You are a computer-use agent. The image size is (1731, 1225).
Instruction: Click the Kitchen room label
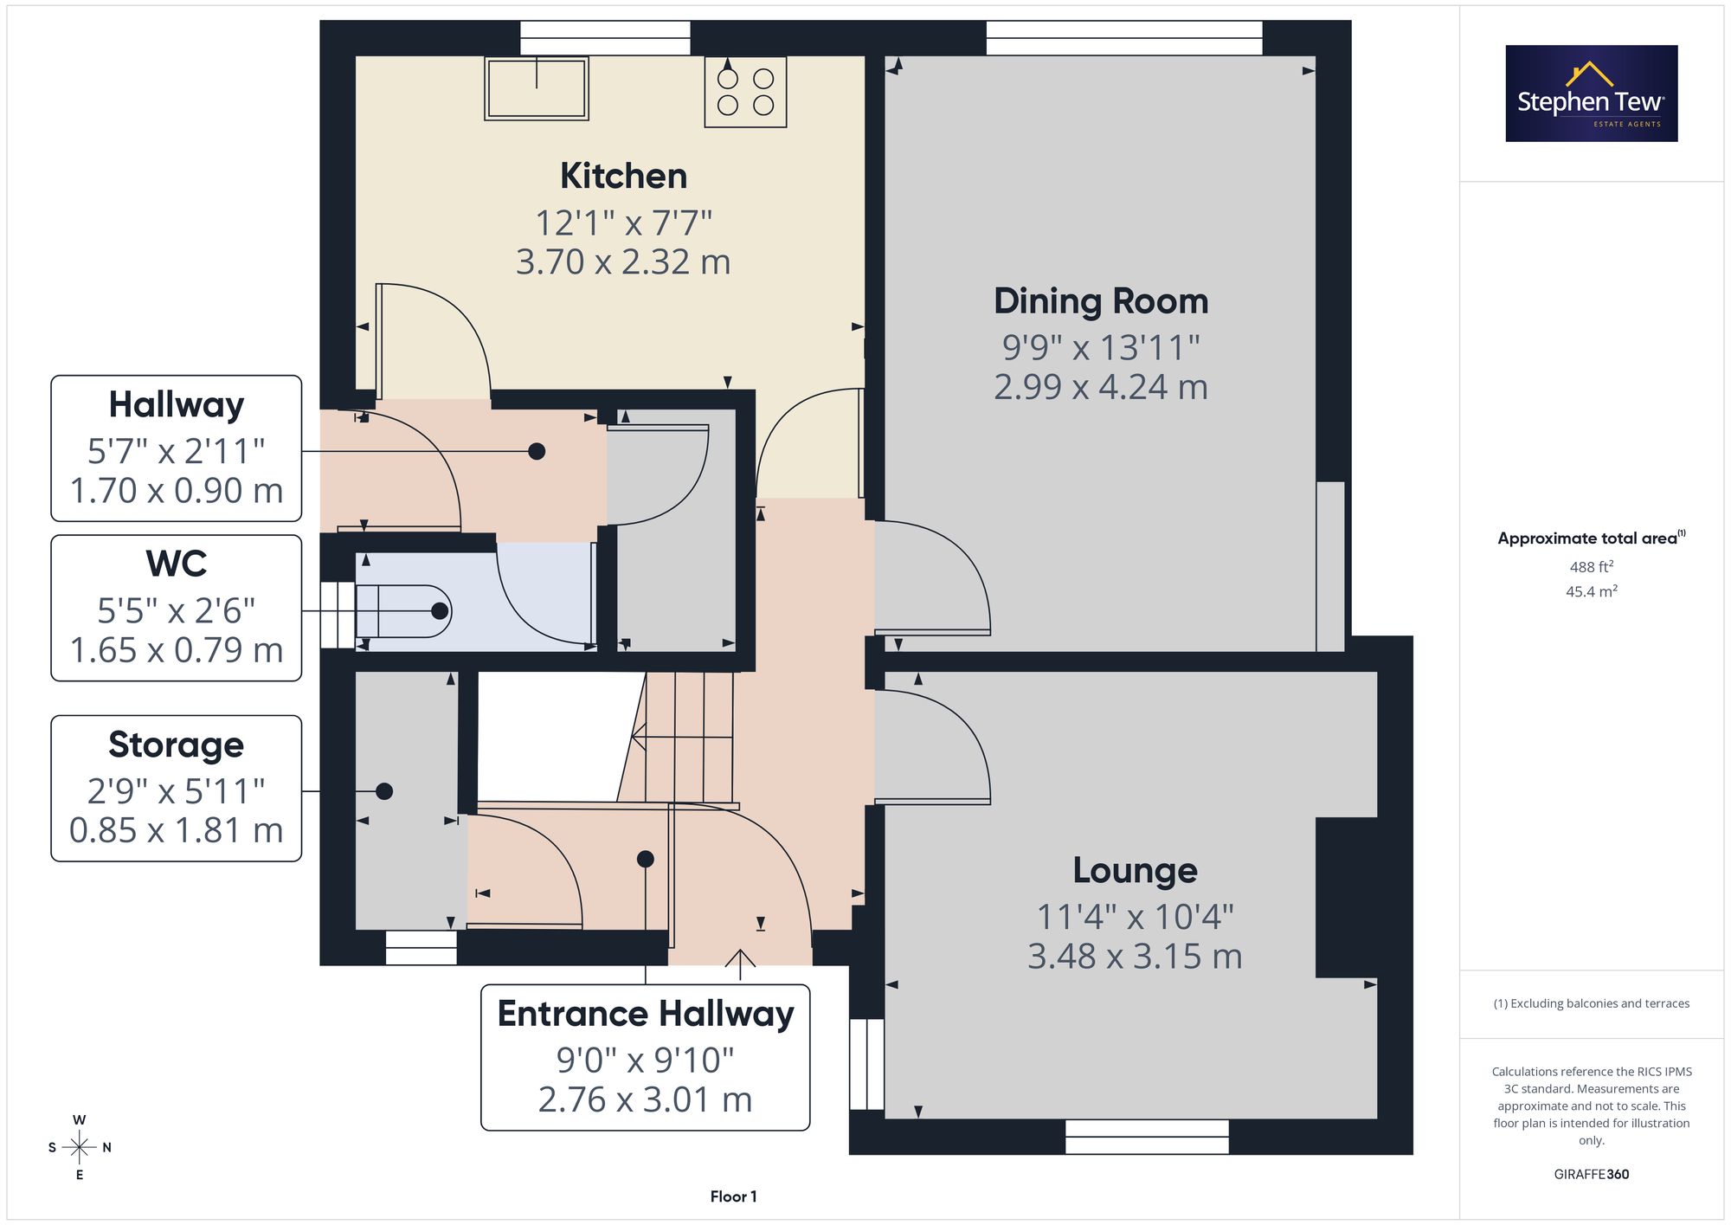pos(623,176)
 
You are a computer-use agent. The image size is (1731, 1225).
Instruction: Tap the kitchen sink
pos(537,88)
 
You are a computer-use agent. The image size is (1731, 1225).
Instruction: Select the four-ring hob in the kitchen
pos(745,92)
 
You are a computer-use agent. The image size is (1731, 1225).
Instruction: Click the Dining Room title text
pos(1101,301)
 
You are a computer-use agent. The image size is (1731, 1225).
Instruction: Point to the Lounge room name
pos(1135,870)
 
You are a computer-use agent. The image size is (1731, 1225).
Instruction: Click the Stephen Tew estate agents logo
pos(1592,93)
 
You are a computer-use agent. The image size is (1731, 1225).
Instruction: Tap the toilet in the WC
pos(402,611)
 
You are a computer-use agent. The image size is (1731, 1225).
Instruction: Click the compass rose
pos(80,1147)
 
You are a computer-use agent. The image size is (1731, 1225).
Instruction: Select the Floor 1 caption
pos(733,1196)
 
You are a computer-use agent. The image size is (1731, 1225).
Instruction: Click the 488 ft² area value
pos(1592,566)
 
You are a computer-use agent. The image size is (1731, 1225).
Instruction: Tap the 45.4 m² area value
pos(1592,591)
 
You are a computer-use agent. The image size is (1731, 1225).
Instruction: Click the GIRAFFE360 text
pos(1592,1174)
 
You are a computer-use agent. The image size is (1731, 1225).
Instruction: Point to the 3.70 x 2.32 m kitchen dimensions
pos(623,261)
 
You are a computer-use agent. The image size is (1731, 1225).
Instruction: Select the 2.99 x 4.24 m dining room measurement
pos(1101,386)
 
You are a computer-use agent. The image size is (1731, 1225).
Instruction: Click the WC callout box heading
pos(177,564)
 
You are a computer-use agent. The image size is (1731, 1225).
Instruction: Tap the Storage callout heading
pos(177,745)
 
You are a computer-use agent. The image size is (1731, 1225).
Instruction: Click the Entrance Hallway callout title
pos(646,1014)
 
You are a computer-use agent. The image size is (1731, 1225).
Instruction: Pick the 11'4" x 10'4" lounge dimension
pos(1135,917)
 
